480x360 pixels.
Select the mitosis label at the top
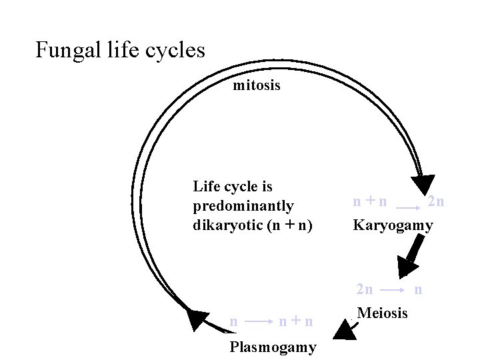point(257,86)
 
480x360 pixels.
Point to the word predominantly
point(243,206)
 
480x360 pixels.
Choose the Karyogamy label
point(393,225)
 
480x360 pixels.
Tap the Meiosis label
point(383,313)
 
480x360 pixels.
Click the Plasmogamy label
point(273,347)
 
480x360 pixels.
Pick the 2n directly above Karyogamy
point(437,201)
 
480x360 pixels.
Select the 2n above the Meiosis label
point(365,289)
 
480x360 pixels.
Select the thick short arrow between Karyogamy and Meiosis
point(409,256)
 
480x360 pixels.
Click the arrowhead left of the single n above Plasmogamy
point(196,319)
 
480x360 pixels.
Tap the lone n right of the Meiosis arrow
point(418,289)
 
